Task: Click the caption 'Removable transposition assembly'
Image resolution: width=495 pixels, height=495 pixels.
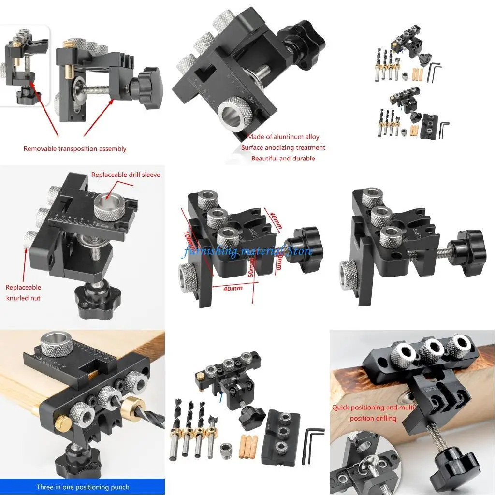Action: (75, 149)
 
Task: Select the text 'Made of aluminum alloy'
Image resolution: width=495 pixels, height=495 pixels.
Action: (283, 137)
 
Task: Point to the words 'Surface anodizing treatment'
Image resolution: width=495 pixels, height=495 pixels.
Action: (283, 148)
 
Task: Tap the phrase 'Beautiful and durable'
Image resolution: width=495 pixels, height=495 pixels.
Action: (283, 159)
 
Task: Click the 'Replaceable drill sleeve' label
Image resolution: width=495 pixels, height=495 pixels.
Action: (126, 175)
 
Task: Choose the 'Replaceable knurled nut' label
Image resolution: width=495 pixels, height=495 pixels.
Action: (23, 292)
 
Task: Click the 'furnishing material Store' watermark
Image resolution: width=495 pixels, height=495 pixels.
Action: (247, 251)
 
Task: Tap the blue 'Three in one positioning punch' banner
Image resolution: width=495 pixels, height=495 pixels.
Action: (83, 487)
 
